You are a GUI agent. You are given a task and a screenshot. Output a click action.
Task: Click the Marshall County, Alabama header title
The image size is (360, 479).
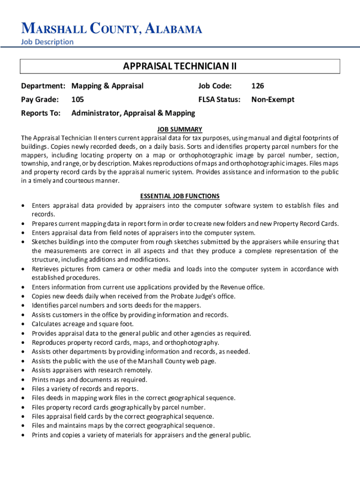tap(112, 29)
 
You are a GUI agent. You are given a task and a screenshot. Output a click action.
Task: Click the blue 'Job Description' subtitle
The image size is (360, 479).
tap(47, 42)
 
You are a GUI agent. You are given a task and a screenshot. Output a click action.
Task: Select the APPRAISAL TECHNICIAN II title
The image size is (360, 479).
tap(180, 66)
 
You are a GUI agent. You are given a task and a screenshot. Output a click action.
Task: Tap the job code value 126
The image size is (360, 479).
tap(258, 86)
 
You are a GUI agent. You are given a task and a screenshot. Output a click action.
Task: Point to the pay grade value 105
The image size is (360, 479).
tap(78, 99)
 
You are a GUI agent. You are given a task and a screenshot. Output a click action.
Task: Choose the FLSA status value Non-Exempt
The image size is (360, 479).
tap(273, 99)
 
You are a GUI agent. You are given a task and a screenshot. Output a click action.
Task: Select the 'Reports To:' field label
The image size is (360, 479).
tap(41, 113)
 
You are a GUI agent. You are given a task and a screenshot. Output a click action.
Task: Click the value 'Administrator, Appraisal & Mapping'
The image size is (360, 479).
tap(133, 113)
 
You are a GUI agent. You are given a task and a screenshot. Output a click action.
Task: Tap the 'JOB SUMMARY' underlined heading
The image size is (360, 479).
tap(180, 129)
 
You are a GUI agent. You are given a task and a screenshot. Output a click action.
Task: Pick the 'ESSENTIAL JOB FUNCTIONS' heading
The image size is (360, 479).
tap(180, 196)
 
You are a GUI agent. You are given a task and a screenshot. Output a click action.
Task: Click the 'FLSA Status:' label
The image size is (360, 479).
tap(219, 99)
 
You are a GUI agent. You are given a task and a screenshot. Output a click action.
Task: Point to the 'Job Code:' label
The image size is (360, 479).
tap(215, 86)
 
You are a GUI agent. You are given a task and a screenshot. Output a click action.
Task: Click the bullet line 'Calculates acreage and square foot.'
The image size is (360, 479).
tap(83, 324)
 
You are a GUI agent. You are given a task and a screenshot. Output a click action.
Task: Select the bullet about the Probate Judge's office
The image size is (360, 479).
tap(134, 296)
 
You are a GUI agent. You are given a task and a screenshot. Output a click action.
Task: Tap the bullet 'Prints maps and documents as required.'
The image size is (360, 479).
tap(89, 379)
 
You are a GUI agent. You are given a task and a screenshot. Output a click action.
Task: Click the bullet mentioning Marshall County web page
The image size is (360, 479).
tap(124, 361)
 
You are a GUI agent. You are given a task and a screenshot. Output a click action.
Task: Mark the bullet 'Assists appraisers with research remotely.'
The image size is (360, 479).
tap(92, 370)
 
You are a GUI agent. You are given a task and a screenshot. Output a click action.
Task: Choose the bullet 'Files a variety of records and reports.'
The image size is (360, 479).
tap(85, 389)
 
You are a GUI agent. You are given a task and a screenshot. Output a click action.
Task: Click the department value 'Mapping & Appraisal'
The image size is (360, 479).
tap(108, 86)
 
